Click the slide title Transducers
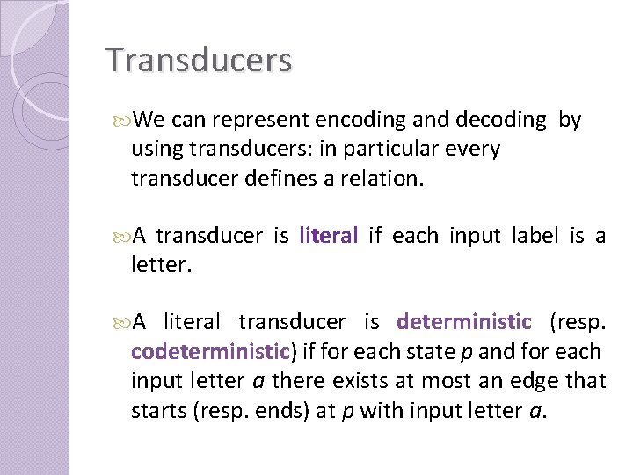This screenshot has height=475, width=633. pos(199,61)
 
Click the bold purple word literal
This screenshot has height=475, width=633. pos(329,235)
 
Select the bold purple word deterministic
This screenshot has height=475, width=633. pos(464,321)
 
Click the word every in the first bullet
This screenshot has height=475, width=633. pos(476,150)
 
